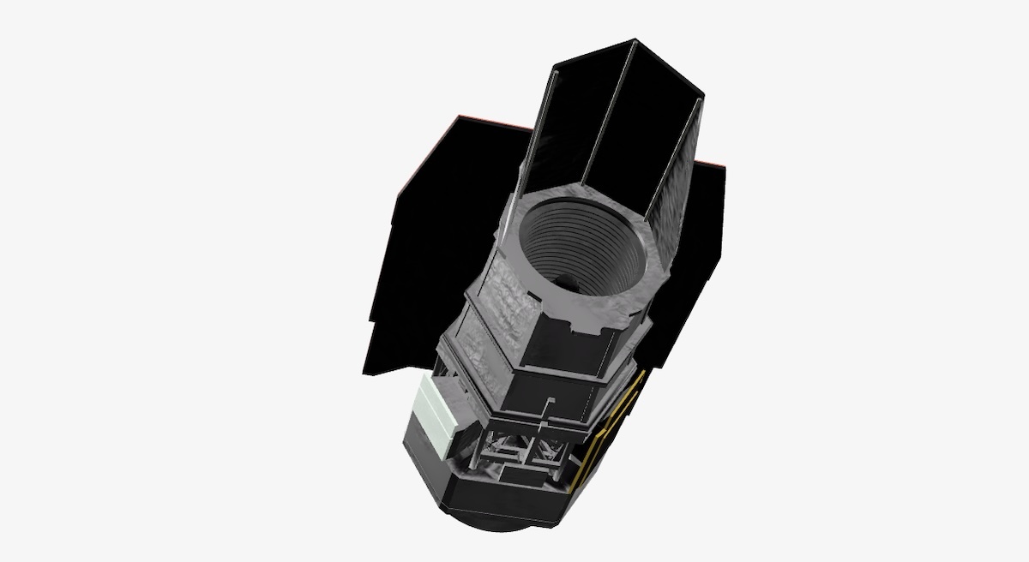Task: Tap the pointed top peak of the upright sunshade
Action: point(634,40)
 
